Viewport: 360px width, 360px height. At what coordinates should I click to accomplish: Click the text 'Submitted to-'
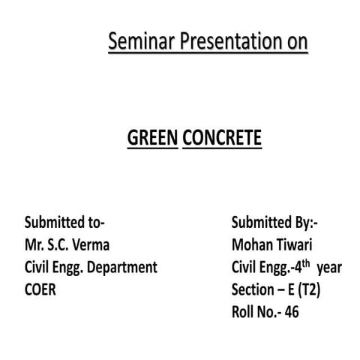click(x=64, y=223)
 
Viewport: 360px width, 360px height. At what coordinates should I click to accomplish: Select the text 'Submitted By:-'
click(x=275, y=223)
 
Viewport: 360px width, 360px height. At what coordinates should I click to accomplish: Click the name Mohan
click(x=252, y=245)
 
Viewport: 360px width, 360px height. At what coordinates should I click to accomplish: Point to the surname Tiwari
click(x=298, y=245)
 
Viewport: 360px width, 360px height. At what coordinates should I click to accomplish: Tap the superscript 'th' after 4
click(x=307, y=262)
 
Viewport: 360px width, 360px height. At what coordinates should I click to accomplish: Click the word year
click(x=330, y=268)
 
